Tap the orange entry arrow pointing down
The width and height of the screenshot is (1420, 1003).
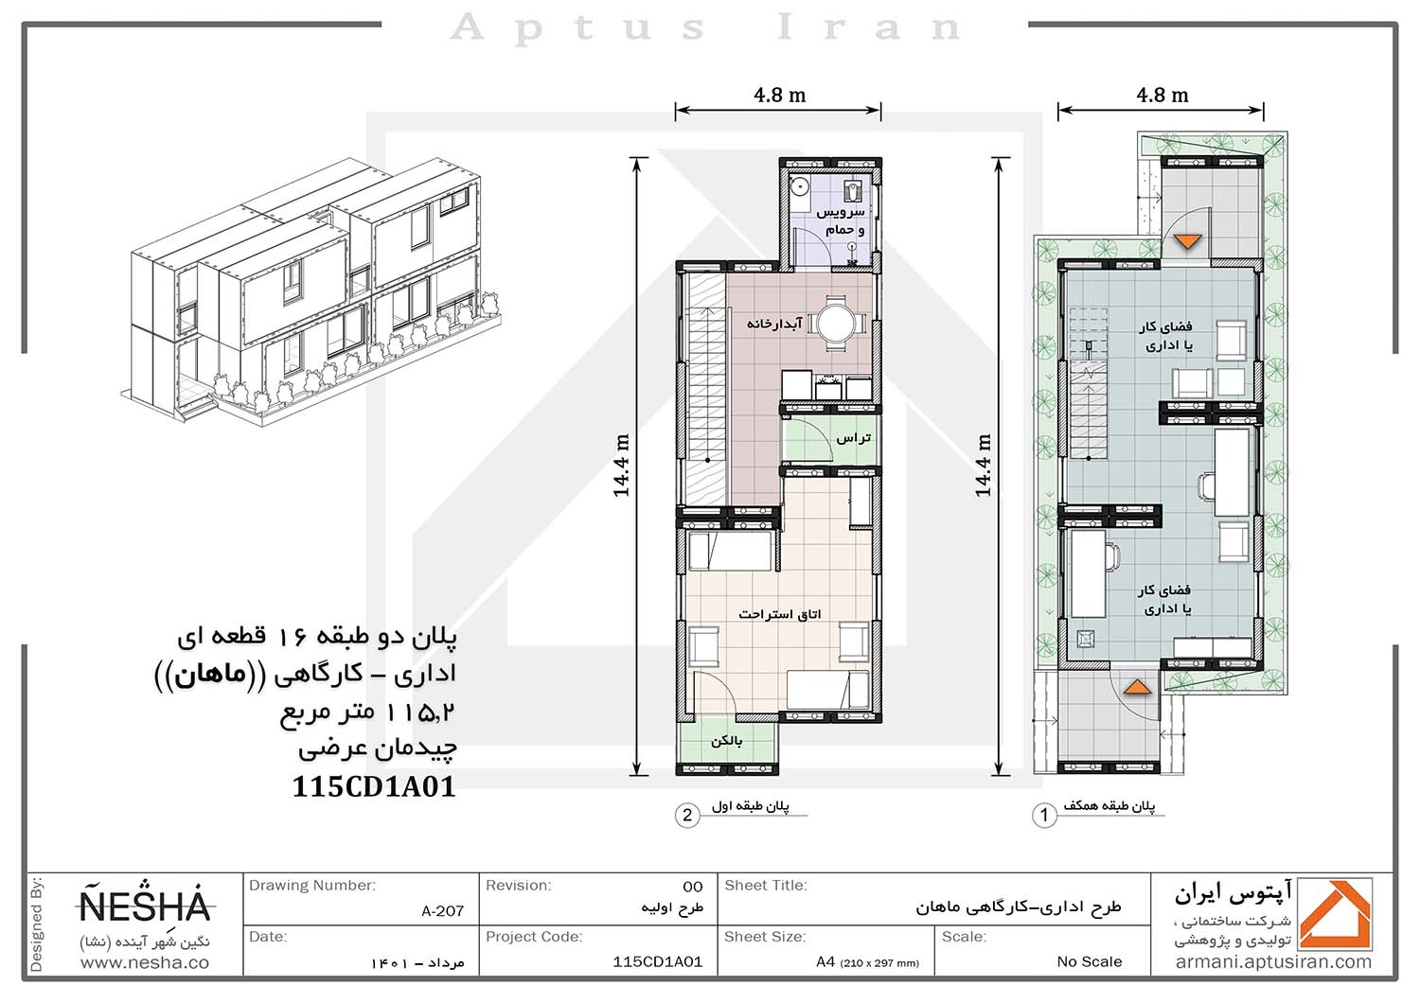click(x=1187, y=241)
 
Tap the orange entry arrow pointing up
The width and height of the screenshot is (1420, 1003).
click(x=1137, y=687)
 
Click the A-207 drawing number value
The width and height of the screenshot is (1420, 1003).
click(x=442, y=911)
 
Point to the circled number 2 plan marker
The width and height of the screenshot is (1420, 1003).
click(x=687, y=815)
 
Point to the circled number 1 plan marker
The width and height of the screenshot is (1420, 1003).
click(x=1044, y=815)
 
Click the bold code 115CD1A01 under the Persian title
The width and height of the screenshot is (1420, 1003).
click(x=374, y=786)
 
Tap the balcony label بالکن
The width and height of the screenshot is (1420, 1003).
click(x=726, y=741)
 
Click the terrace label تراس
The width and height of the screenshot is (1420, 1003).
click(x=853, y=438)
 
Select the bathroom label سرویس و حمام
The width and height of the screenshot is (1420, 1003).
click(x=841, y=220)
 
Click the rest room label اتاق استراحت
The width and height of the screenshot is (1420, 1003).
click(x=779, y=613)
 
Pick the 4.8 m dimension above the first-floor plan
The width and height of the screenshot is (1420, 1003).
click(x=780, y=95)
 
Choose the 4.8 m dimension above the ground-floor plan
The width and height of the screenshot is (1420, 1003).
click(x=1162, y=95)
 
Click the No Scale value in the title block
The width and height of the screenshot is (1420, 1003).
click(x=1089, y=961)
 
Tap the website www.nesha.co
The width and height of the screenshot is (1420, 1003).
click(x=145, y=963)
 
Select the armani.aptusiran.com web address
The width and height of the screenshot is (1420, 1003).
click(x=1273, y=962)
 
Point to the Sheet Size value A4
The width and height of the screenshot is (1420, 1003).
click(x=825, y=961)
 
